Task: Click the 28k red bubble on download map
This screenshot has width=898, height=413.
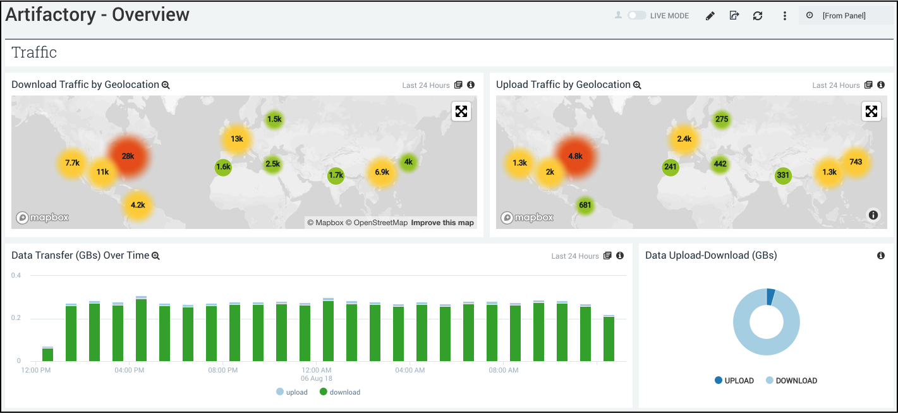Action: (128, 156)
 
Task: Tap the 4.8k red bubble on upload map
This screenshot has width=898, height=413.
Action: (575, 156)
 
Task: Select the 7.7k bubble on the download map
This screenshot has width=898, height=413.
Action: (72, 163)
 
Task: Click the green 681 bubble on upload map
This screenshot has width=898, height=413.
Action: (585, 205)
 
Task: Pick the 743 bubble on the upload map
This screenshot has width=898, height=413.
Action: (856, 162)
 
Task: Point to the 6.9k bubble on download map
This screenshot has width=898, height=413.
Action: (382, 172)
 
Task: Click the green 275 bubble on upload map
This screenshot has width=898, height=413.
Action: (722, 119)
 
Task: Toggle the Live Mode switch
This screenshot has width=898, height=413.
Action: (636, 15)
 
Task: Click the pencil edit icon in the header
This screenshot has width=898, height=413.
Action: (710, 16)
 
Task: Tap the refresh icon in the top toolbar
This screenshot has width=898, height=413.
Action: (758, 16)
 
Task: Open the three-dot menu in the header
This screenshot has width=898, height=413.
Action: (785, 16)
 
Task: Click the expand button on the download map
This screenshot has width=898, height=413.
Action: (461, 111)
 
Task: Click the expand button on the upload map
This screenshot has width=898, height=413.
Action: (871, 111)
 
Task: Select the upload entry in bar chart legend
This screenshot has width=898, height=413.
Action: (292, 392)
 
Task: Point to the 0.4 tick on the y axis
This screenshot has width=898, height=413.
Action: (16, 276)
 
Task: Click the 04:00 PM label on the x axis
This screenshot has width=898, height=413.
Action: (130, 370)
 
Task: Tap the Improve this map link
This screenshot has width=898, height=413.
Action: (442, 223)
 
